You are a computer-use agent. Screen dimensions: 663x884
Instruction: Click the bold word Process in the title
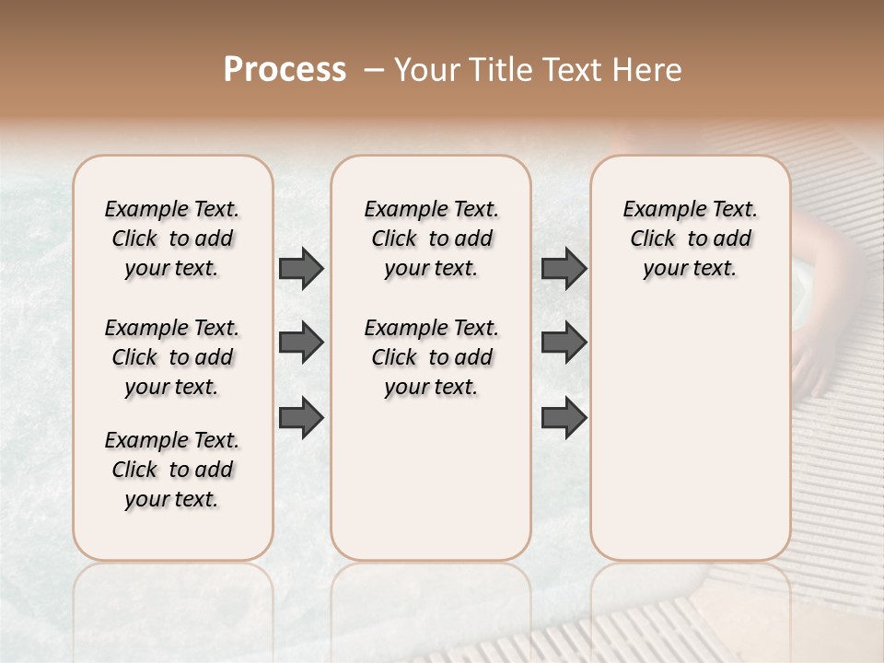285,70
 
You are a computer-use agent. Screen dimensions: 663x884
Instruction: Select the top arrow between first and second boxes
301,269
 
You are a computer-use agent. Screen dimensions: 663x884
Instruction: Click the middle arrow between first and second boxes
301,343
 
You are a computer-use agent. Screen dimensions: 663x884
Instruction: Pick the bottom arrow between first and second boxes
301,417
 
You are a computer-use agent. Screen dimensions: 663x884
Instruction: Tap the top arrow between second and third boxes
564,269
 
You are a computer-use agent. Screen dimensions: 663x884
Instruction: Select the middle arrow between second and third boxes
564,343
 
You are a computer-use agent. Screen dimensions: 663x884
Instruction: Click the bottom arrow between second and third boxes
564,417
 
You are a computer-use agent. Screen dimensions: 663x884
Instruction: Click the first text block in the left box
172,238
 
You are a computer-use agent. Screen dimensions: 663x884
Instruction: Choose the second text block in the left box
172,357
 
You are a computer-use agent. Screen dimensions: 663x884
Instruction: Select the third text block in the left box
172,470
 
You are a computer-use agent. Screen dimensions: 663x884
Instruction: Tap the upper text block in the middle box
432,238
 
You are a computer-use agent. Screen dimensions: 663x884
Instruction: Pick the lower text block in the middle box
432,357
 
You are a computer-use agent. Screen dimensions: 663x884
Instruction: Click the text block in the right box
691,238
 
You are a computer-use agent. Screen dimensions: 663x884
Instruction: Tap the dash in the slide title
374,70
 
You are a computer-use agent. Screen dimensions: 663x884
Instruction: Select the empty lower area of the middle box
432,479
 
